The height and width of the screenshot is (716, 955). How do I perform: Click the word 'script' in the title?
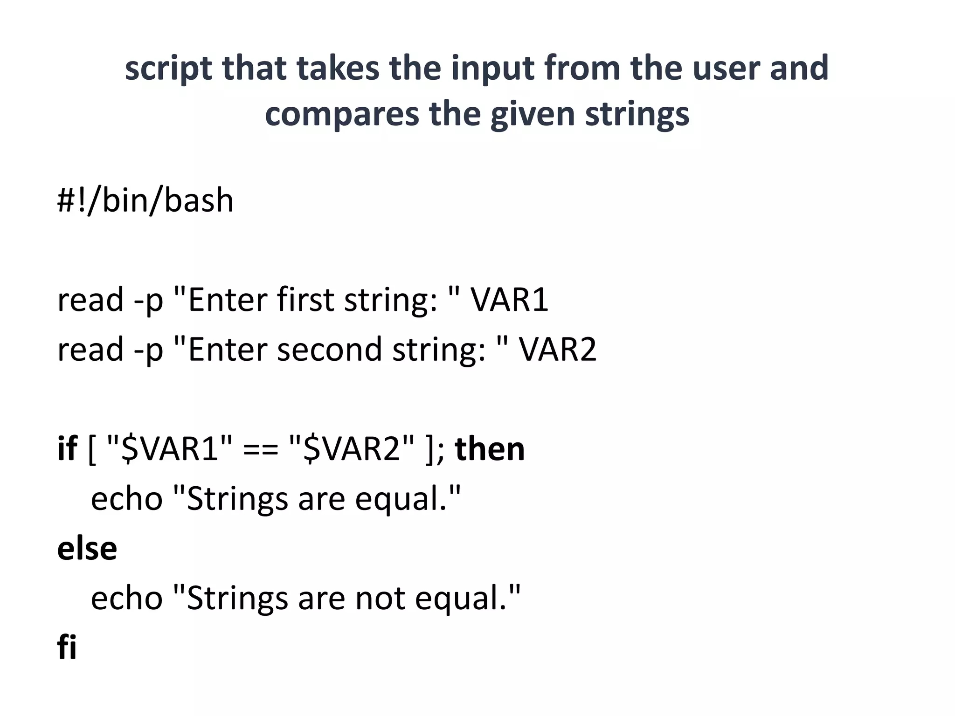168,69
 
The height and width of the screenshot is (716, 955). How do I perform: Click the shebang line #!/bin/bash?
145,200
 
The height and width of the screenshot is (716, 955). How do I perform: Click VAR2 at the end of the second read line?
558,349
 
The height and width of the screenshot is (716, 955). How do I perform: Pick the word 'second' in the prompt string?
329,349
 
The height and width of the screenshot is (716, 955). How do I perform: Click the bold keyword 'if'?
67,448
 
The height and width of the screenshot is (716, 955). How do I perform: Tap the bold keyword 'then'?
490,448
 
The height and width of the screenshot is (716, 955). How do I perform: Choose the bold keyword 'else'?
87,548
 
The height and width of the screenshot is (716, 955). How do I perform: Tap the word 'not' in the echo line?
380,598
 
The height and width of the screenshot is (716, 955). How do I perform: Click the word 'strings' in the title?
637,114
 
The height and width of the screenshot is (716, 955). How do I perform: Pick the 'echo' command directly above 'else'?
126,499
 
